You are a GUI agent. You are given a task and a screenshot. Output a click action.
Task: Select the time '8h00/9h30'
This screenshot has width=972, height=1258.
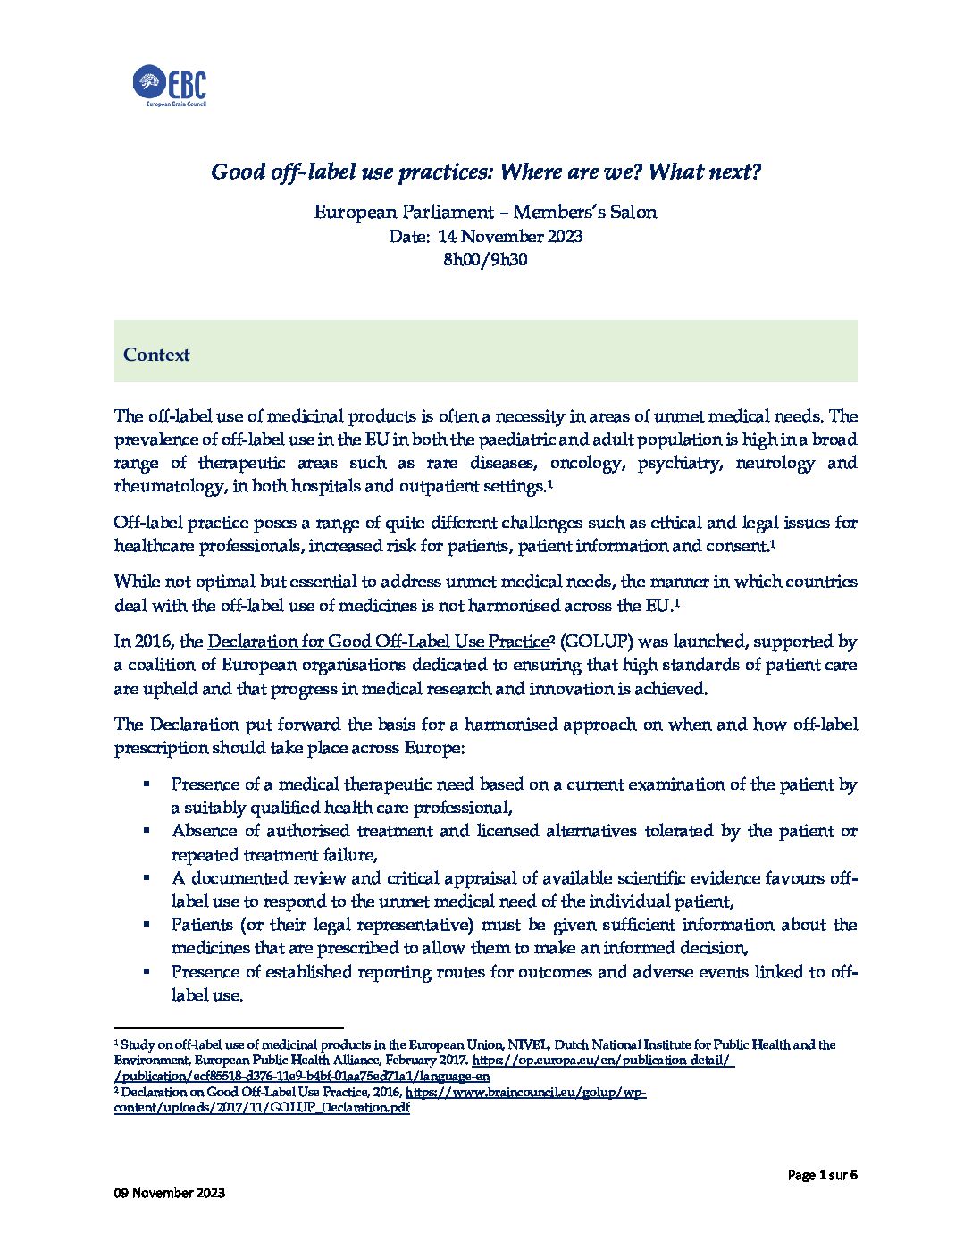point(486,260)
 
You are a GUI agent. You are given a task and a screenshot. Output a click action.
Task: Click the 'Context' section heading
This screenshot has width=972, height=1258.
point(156,355)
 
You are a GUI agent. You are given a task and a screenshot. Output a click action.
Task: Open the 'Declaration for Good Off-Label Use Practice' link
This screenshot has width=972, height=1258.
point(377,642)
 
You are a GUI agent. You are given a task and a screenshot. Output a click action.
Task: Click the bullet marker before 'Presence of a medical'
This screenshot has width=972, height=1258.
point(146,783)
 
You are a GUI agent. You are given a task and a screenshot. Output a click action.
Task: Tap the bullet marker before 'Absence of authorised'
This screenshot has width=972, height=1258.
point(146,829)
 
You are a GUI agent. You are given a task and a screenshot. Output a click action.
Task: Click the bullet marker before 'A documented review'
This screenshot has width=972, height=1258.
point(146,876)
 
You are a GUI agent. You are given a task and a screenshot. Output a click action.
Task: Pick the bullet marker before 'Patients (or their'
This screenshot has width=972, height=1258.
point(146,923)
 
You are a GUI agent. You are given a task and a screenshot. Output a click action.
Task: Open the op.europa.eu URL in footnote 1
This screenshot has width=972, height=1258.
point(603,1060)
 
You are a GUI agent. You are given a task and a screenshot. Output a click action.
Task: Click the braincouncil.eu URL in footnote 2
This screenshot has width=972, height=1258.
point(525,1092)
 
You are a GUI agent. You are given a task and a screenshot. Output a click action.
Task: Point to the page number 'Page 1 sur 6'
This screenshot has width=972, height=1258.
point(823,1175)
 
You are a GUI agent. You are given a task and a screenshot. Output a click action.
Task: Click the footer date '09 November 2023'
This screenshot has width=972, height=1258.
point(169,1193)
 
